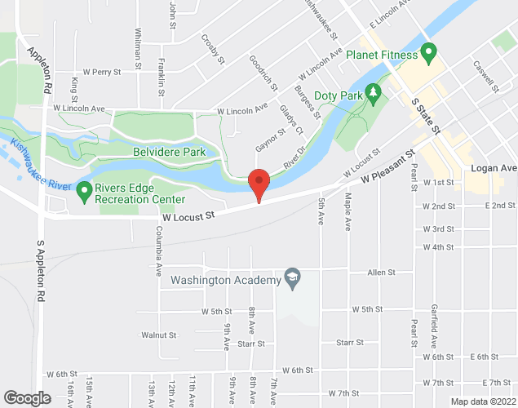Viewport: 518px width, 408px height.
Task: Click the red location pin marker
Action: [x=259, y=182]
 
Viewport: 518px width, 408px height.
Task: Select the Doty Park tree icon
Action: [x=374, y=92]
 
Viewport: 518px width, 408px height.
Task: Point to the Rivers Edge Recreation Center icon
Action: [x=83, y=193]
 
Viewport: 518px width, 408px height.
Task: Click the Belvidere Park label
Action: [x=169, y=151]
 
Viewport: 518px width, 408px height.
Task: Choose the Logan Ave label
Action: [x=494, y=168]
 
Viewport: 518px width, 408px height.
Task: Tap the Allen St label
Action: [x=381, y=273]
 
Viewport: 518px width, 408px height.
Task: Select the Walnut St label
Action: [x=158, y=335]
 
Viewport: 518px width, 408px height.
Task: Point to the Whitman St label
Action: [x=139, y=50]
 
